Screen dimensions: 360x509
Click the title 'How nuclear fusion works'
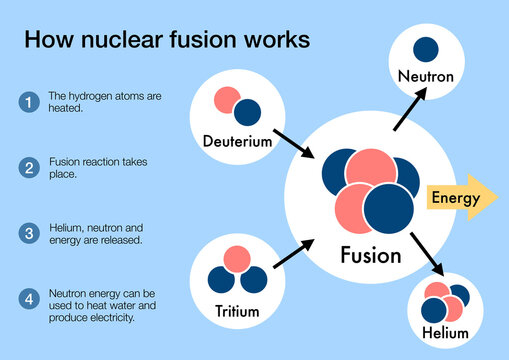166,40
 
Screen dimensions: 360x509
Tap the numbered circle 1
29,101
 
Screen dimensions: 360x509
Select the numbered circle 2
29,167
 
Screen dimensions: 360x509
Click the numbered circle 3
29,232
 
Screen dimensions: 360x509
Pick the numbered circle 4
29,297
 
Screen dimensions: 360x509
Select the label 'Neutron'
425,75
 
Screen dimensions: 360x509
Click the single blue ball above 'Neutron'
425,48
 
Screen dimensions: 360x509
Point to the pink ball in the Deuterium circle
227,100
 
